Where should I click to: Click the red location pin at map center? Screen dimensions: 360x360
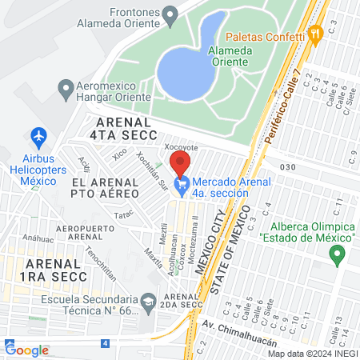click(180, 162)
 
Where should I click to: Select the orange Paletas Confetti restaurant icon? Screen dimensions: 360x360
click(316, 34)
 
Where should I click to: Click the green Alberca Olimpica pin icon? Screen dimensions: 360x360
click(337, 255)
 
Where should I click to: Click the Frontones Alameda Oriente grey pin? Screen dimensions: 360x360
click(170, 14)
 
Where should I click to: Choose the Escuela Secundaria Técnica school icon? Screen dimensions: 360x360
click(148, 301)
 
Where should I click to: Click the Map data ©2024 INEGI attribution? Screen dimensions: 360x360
click(312, 354)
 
